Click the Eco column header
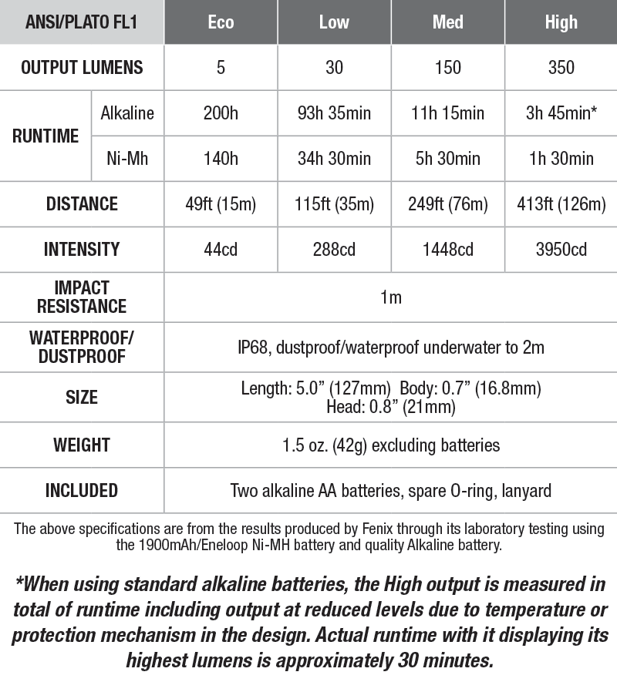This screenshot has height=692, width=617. tap(221, 22)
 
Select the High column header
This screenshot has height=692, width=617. tap(561, 22)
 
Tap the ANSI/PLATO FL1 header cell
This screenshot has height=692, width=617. tap(82, 22)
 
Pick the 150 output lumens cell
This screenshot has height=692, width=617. tap(447, 68)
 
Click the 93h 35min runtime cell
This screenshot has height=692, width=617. tap(334, 113)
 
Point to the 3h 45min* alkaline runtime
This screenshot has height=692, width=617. tap(561, 113)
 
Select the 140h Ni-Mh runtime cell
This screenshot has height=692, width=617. tap(221, 159)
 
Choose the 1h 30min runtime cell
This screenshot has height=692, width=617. tap(561, 159)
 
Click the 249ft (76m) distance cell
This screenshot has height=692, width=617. tap(447, 204)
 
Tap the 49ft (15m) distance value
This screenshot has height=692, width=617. tap(221, 204)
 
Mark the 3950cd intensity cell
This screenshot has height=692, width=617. tap(561, 250)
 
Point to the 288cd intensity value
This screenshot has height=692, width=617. tap(334, 250)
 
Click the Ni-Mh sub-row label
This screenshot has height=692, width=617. tap(127, 159)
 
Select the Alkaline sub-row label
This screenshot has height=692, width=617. tap(127, 113)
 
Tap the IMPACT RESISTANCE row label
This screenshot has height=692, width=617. tap(82, 297)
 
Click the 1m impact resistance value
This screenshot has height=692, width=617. tap(390, 297)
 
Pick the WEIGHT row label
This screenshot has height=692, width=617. tap(82, 445)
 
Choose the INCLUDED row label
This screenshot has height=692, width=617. tap(82, 490)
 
